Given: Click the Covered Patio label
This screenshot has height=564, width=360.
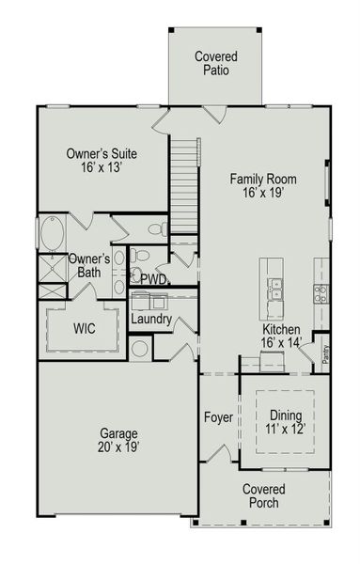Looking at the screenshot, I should pos(216,63).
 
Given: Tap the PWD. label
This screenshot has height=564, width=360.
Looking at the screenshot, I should pos(154,279).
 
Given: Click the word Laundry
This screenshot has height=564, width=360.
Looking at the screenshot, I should pos(151,320).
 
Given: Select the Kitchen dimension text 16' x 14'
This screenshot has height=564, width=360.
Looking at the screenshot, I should pos(281,344).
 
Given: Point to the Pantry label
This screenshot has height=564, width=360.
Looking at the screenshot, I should pos(325,353).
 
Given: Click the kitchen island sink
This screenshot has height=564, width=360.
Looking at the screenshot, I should pos(275,289).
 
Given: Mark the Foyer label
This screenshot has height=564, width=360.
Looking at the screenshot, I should pos(218,416).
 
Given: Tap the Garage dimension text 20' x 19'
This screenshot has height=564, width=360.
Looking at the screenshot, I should pos(119,447).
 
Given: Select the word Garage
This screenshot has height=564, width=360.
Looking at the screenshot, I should pos(119,433).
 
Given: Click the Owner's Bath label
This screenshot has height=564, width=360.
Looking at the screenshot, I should pos(89,265).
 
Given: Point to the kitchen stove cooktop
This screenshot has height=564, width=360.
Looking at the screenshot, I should pos(321,294).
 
